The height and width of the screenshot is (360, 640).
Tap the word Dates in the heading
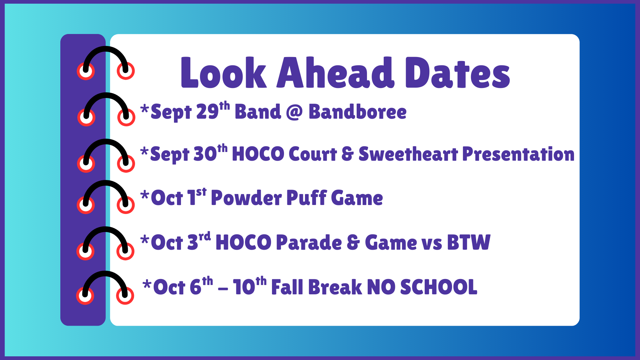[x=457, y=73]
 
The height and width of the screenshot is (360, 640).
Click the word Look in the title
[x=224, y=73]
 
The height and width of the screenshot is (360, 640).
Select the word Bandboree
[x=357, y=112]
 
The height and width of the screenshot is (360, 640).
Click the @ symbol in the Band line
[x=294, y=112]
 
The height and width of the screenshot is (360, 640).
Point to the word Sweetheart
[x=408, y=154]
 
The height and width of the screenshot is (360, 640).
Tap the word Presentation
[x=518, y=155]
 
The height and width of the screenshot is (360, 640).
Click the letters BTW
[x=468, y=242]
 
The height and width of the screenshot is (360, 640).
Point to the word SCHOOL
[x=438, y=287]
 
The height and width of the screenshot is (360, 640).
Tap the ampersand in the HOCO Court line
[x=347, y=154]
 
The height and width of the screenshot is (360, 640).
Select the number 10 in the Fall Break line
[x=244, y=287]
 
